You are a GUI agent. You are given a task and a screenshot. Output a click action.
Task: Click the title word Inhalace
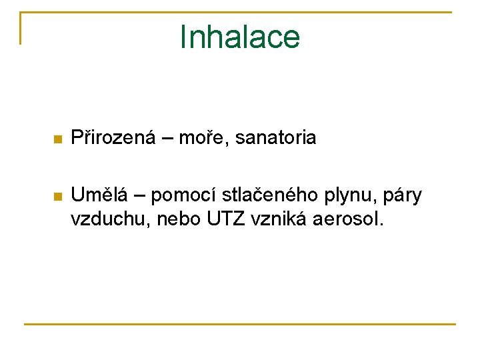tap(240, 37)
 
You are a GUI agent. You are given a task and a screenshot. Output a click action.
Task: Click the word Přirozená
tap(113, 139)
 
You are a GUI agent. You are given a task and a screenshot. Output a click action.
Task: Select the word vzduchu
tap(111, 220)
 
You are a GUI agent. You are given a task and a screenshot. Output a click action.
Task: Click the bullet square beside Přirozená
tap(58, 140)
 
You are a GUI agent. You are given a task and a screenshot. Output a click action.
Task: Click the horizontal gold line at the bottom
tap(240, 324)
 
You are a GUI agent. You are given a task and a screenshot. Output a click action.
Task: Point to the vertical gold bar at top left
tap(21, 28)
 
